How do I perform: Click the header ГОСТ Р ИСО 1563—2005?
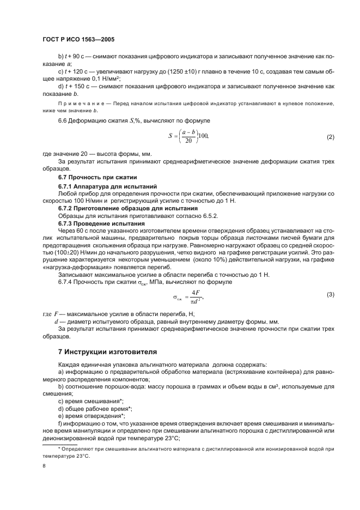click(78, 40)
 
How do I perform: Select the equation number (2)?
click(330, 137)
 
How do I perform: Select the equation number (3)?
click(330, 295)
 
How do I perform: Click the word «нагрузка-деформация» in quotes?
click(72, 269)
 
